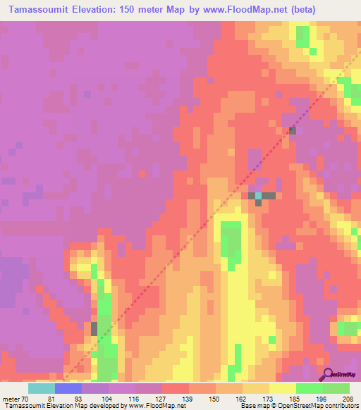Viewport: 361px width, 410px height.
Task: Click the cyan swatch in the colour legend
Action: (42, 387)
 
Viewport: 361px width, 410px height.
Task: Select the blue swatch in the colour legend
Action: (68, 387)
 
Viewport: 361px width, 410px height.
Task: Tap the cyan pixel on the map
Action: (258, 195)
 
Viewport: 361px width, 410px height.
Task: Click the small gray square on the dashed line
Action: (292, 130)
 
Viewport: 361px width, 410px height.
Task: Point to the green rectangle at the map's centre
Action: (230, 240)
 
